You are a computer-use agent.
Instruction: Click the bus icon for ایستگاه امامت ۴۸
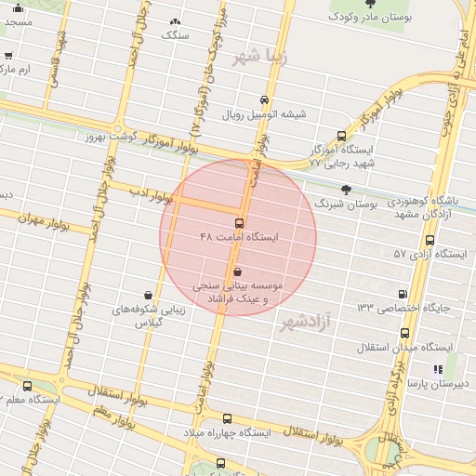[x=239, y=223]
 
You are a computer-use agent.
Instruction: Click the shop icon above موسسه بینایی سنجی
[x=238, y=271]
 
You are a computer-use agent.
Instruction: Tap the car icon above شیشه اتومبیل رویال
[x=265, y=99]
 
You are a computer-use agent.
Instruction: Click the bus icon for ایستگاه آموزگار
[x=341, y=136]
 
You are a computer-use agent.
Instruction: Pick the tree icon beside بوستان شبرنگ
[x=347, y=189]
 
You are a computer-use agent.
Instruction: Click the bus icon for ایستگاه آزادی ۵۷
[x=429, y=240]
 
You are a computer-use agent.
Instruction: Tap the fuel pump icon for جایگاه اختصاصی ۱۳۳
[x=402, y=293]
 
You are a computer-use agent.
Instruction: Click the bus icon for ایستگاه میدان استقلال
[x=404, y=333]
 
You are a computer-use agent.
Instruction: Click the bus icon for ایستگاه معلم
[x=26, y=386]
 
